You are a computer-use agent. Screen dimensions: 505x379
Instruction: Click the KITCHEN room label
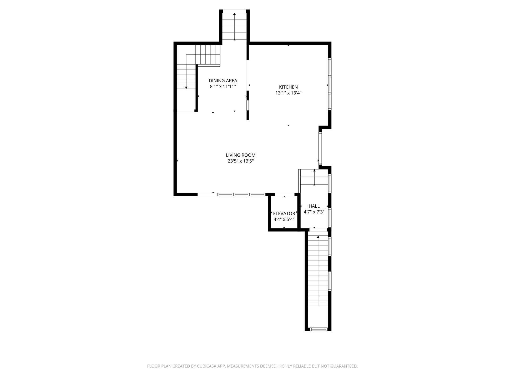(288, 87)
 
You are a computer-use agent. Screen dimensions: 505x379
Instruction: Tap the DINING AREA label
(223, 81)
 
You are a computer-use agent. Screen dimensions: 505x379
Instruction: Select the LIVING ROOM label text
(241, 155)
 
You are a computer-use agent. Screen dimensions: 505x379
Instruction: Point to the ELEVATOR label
(284, 213)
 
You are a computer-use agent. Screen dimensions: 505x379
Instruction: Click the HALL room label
(314, 206)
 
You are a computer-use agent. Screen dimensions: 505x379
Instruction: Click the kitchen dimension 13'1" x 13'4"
(288, 93)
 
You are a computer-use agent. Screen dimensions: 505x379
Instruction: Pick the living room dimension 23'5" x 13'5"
(241, 161)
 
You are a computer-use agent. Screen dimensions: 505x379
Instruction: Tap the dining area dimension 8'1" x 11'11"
(223, 86)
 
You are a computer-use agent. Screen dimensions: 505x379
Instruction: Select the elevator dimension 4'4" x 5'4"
(284, 219)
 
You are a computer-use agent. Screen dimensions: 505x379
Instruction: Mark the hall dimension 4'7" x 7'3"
(314, 212)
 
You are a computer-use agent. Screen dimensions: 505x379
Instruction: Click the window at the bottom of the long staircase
(318, 329)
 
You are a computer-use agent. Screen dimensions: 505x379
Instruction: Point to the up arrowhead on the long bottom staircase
(318, 237)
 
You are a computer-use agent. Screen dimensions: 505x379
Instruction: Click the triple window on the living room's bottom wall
(241, 195)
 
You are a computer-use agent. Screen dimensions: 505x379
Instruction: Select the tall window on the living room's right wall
(320, 148)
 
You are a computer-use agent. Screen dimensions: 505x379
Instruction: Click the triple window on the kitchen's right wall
(330, 84)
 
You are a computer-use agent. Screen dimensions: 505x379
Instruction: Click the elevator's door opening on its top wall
(284, 195)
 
